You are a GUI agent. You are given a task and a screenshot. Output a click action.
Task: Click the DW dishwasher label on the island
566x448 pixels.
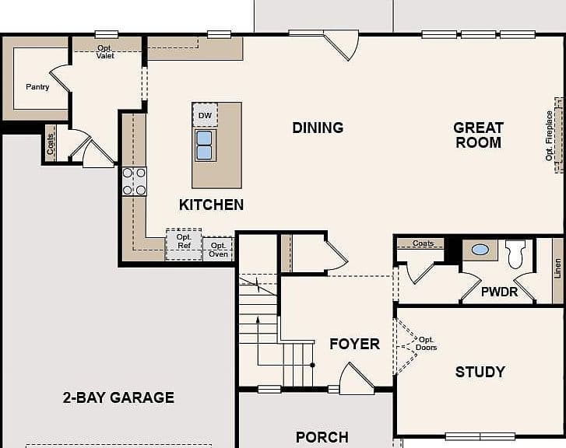tap(205, 115)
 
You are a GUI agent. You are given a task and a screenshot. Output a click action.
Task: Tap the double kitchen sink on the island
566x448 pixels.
tap(206, 145)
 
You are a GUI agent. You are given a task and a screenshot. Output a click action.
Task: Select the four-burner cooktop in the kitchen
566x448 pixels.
tap(134, 181)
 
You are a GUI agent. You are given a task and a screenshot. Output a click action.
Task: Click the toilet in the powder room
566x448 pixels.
tap(515, 254)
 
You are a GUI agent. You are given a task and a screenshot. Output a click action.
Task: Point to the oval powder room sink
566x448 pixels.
tap(480, 250)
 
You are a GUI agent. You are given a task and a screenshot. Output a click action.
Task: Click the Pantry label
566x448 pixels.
tap(37, 87)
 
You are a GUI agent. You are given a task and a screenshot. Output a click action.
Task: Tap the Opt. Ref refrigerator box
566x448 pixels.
tap(184, 244)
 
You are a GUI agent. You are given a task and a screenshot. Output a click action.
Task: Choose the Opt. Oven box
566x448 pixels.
tap(219, 249)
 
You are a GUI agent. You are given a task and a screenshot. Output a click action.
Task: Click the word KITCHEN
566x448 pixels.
tap(211, 205)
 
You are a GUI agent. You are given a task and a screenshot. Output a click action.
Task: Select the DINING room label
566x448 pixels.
tap(318, 128)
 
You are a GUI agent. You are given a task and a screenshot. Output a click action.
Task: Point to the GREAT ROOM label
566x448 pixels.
tap(478, 135)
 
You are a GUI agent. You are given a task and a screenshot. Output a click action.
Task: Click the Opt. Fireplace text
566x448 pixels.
tap(549, 135)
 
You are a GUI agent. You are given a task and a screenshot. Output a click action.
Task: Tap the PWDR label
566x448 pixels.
tap(499, 292)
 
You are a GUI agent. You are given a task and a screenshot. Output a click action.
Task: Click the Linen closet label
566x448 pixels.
tap(557, 268)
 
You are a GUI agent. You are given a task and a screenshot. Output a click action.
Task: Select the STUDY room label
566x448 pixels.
tap(480, 372)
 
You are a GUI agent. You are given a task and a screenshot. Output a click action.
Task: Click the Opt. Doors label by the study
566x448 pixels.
tap(427, 344)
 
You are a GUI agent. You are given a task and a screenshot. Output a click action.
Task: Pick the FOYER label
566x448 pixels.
tap(354, 344)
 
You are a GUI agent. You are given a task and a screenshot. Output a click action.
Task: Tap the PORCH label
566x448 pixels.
tap(322, 437)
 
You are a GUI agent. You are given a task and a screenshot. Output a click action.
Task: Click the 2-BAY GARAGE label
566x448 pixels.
tap(118, 397)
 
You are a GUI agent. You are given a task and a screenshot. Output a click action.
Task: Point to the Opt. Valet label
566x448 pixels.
tap(105, 52)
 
